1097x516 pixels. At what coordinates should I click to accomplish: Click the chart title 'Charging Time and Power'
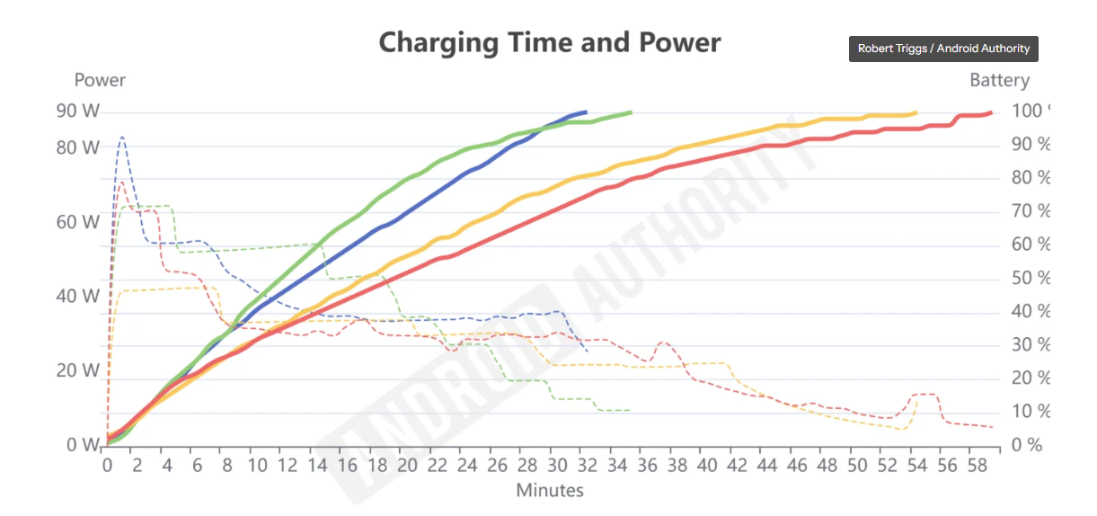(x=549, y=42)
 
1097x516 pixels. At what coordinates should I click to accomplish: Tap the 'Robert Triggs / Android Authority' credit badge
(x=943, y=49)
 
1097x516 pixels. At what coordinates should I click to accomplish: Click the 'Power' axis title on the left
(x=100, y=80)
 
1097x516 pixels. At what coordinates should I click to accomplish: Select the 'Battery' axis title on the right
(x=999, y=80)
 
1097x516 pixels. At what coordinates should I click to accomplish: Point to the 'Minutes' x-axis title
(x=549, y=490)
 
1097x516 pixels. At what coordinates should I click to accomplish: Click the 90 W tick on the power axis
(x=78, y=111)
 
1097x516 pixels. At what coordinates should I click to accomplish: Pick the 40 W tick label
(x=78, y=296)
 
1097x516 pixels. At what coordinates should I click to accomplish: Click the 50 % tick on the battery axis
(x=1031, y=278)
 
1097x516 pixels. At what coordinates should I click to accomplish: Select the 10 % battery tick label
(x=1031, y=412)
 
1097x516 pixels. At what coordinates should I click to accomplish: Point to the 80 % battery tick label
(x=1031, y=178)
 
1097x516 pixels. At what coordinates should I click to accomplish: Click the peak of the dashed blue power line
(x=121, y=138)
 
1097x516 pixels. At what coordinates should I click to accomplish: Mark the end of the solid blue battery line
(x=586, y=112)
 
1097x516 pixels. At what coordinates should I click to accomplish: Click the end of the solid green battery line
(x=631, y=112)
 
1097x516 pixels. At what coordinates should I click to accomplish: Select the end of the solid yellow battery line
(x=916, y=112)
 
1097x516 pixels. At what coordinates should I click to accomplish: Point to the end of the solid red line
(x=991, y=112)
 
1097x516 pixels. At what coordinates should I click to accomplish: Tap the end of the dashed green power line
(x=631, y=411)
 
